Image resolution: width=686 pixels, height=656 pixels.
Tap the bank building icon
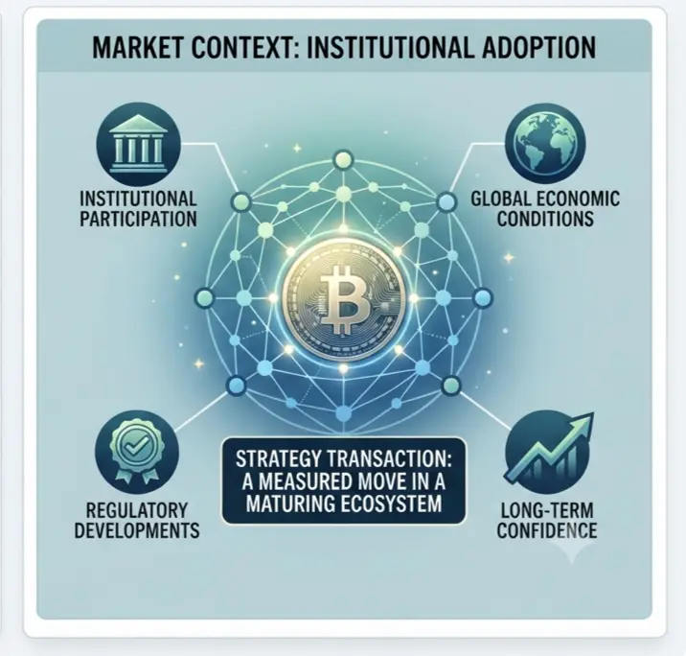[x=138, y=144]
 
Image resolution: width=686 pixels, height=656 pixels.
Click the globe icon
[x=545, y=143]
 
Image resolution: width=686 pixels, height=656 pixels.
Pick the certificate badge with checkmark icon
[x=137, y=452]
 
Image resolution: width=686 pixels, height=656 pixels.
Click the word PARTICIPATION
[x=138, y=219]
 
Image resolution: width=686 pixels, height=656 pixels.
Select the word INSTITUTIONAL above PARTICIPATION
[x=138, y=199]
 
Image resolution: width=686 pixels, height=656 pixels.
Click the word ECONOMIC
[x=578, y=199]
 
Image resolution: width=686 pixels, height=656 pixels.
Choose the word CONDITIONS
[x=545, y=219]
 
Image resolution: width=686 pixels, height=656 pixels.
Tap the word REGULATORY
[x=137, y=510]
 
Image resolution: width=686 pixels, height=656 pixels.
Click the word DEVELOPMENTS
[x=137, y=530]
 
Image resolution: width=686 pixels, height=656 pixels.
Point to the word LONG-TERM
[x=547, y=510]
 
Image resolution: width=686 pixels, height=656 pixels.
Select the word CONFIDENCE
[x=547, y=530]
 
